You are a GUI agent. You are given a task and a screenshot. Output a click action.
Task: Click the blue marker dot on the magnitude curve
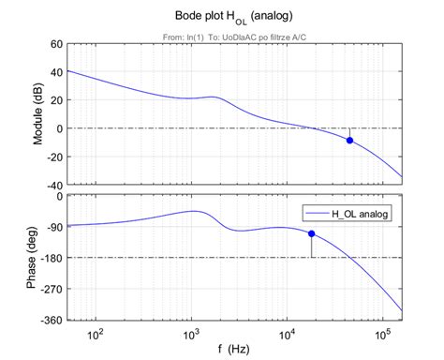pyautogui.click(x=349, y=141)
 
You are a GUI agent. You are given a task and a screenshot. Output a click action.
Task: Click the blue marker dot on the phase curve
pyautogui.click(x=311, y=233)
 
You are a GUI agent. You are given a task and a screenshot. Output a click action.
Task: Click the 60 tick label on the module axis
pyautogui.click(x=54, y=44)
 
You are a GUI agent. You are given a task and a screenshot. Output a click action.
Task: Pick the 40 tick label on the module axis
pyautogui.click(x=54, y=72)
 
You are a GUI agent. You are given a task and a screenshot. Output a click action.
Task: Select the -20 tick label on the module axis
pyautogui.click(x=52, y=157)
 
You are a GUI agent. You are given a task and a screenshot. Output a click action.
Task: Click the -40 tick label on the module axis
pyautogui.click(x=52, y=185)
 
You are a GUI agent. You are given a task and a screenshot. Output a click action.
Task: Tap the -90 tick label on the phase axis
pyautogui.click(x=52, y=227)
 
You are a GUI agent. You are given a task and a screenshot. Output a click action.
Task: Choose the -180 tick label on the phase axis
pyautogui.click(x=49, y=258)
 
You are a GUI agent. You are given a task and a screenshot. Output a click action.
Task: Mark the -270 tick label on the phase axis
pyautogui.click(x=49, y=289)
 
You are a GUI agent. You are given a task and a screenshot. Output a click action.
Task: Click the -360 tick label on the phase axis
pyautogui.click(x=49, y=320)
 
